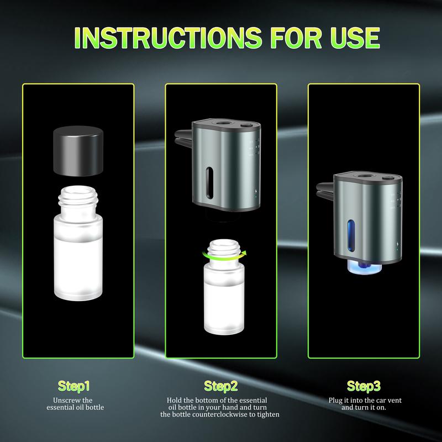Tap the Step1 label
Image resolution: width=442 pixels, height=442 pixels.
[x=73, y=385]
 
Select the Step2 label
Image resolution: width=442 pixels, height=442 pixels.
[x=220, y=385]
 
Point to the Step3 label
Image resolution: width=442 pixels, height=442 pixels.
[x=364, y=385]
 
